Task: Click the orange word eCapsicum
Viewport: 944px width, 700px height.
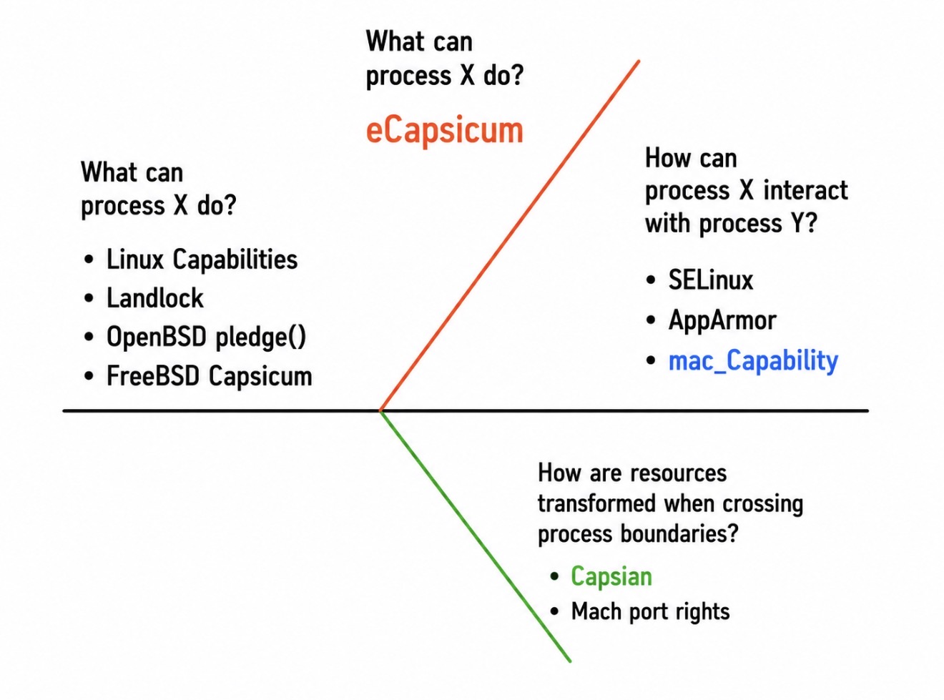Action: coord(444,131)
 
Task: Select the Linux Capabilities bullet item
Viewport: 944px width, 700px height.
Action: coord(202,260)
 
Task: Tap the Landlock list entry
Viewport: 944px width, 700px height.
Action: coord(155,297)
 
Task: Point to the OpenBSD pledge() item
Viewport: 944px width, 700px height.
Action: coord(207,337)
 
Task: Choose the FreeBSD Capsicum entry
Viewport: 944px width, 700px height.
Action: coord(209,376)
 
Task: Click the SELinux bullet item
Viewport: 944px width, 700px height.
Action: coord(710,280)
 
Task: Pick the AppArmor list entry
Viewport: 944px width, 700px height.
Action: coord(722,320)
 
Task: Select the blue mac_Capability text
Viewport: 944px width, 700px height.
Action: coord(753,361)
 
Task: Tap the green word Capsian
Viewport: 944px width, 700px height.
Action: coord(611,577)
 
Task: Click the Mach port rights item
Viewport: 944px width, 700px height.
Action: coord(650,612)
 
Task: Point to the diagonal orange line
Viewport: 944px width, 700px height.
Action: coord(509,236)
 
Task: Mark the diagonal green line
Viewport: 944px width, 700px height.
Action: coord(476,536)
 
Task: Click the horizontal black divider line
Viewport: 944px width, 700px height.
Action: coord(466,410)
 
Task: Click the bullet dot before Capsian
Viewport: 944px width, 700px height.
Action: coord(554,577)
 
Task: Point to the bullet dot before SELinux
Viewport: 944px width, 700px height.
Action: coord(651,280)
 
